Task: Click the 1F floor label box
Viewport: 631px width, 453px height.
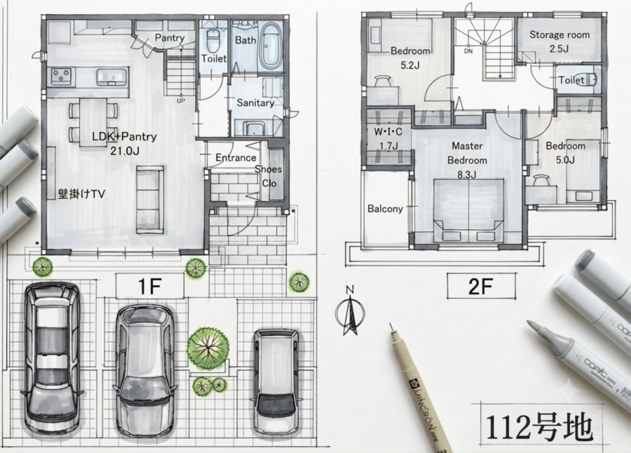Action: coord(150,286)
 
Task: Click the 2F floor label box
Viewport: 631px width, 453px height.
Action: coord(481,286)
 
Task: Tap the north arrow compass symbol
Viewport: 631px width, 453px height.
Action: coord(350,313)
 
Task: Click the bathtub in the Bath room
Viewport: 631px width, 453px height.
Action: coord(271,46)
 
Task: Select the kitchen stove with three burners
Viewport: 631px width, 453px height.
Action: coord(62,76)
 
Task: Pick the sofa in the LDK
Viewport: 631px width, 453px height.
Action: coord(150,199)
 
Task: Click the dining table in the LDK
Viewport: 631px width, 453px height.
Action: coord(93,122)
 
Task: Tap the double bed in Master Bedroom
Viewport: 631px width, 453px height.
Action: coord(468,211)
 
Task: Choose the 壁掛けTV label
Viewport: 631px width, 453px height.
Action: coord(81,195)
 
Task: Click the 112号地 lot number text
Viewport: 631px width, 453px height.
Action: coord(540,427)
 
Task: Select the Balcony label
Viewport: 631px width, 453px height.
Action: coord(385,209)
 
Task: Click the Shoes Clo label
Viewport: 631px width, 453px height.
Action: coord(268,176)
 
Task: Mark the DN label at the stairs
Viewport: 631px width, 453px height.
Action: coord(468,51)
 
